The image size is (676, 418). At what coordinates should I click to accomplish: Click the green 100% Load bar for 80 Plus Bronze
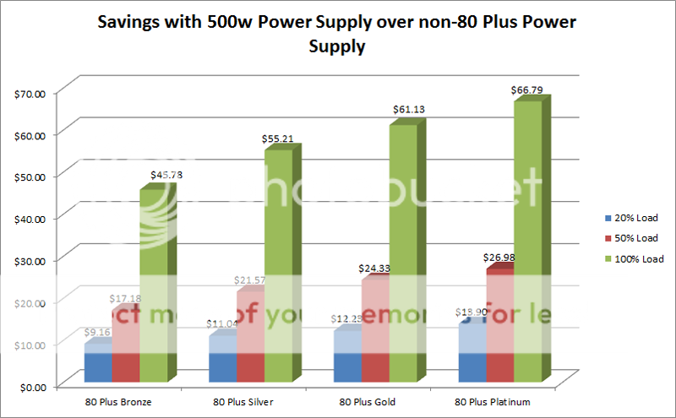click(x=153, y=287)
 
